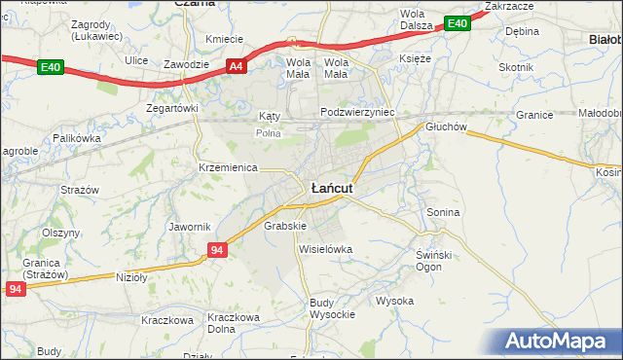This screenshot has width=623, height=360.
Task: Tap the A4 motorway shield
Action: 236,66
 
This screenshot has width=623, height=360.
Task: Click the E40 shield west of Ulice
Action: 51,67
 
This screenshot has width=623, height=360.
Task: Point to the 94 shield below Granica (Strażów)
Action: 14,289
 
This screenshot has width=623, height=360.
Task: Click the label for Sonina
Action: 443,211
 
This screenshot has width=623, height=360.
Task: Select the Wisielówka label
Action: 325,249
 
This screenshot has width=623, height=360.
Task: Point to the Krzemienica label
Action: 227,167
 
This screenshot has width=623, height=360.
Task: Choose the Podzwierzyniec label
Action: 358,112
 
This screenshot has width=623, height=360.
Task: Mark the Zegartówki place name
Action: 171,108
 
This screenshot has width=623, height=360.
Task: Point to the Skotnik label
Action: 516,67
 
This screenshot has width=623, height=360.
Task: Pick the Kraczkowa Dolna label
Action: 233,323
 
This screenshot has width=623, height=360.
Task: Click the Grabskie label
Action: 285,226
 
